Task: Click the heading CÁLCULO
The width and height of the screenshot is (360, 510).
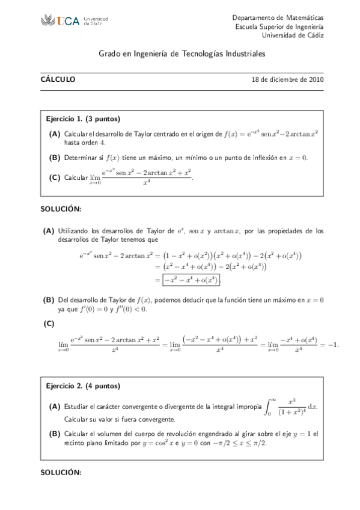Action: point(58,79)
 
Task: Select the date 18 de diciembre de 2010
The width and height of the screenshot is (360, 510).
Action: point(288,79)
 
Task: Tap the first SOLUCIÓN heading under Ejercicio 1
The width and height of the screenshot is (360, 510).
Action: point(61,209)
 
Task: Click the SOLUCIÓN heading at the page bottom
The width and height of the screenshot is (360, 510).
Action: point(61,472)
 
